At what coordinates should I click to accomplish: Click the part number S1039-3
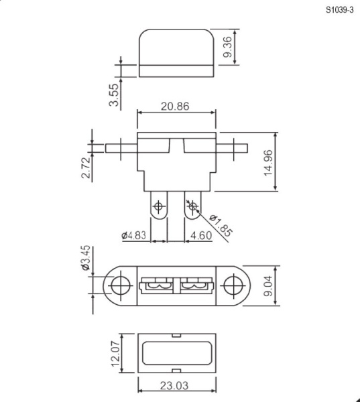tap(339, 10)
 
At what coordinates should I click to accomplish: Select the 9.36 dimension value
tap(227, 47)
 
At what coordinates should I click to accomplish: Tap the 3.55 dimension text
tap(114, 95)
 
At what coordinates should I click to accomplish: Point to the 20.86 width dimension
tap(175, 106)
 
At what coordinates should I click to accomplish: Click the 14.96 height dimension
tap(268, 163)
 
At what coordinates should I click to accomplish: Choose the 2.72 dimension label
tap(86, 167)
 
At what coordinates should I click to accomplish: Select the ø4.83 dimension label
tap(133, 235)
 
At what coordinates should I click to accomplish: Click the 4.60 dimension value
tap(201, 235)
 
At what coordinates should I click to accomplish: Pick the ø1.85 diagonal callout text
tap(221, 225)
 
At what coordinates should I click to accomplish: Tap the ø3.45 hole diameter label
tap(86, 258)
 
